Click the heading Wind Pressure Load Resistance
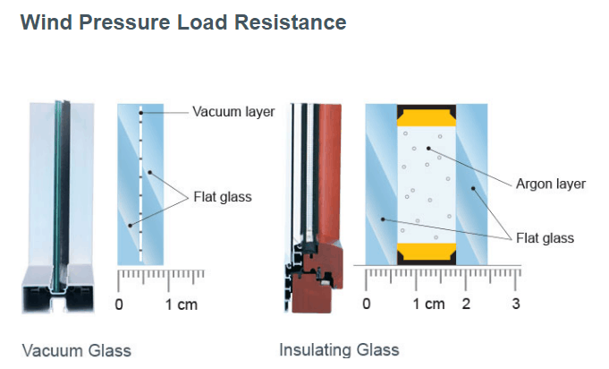pos(183,21)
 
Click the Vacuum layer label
pos(233,112)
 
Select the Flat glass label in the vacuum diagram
pos(224,196)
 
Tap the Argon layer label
pos(551,184)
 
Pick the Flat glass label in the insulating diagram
pos(545,238)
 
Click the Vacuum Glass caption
pos(76,349)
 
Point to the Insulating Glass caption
pos(339,349)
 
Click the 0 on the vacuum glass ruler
pos(120,304)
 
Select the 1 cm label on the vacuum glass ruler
pos(182,304)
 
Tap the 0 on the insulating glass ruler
pos(367,304)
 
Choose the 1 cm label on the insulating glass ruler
pos(428,304)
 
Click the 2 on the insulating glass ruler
pos(466,304)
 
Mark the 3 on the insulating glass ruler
pos(516,304)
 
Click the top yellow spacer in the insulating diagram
pos(427,117)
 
